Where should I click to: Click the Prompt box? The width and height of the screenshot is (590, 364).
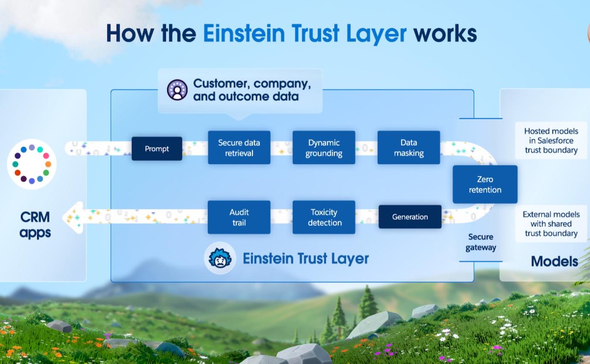pos(157,149)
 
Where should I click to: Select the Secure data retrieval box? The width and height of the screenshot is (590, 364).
pos(239,148)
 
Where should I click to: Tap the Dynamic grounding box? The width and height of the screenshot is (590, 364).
pos(324,148)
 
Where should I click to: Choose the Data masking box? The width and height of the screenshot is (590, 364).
pos(409,148)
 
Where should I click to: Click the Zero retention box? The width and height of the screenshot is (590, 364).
pos(485,185)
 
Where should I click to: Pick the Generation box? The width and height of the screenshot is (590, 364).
pos(410,217)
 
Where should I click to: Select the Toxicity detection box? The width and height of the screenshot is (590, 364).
pos(324,217)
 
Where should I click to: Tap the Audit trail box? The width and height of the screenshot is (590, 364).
pos(239,217)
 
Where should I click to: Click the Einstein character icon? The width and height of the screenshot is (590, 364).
pos(220,258)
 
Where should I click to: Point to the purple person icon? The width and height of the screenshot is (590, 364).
pos(177,90)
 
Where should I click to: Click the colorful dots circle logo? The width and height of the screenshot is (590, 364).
pos(32,164)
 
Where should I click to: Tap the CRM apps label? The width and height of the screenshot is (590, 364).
pos(35,225)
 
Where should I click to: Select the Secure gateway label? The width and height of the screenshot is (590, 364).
pos(481,242)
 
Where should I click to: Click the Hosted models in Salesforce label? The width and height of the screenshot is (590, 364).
pos(551,140)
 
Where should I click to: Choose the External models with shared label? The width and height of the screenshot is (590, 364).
pos(551,224)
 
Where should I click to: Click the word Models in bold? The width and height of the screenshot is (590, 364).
pos(554,261)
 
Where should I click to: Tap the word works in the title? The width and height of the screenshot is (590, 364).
pos(445,33)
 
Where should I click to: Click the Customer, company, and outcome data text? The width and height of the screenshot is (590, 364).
pos(252,90)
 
